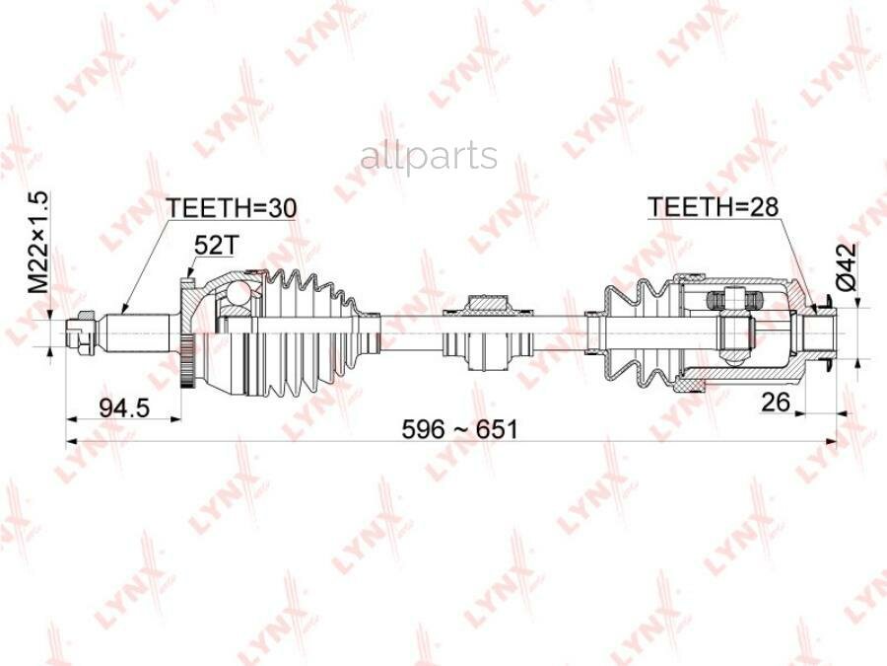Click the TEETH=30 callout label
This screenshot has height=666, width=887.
(x=232, y=208)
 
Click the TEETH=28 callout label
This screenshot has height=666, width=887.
(x=714, y=207)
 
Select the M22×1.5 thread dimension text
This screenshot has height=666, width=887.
(x=39, y=243)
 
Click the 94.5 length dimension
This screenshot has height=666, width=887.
(x=124, y=407)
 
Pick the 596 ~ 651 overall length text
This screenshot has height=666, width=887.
(x=459, y=429)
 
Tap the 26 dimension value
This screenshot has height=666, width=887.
(x=775, y=402)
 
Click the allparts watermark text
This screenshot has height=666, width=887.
(x=429, y=157)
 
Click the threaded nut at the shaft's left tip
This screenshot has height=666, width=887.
(x=79, y=333)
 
